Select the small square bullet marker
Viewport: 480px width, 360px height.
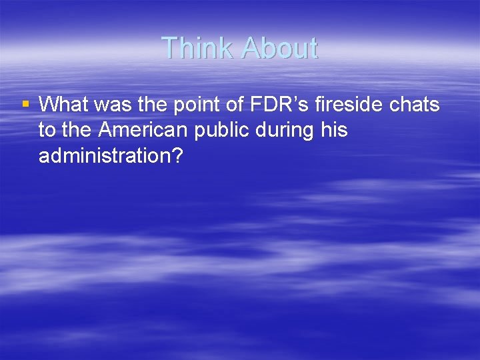click(x=25, y=104)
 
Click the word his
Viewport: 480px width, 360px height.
click(x=333, y=130)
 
